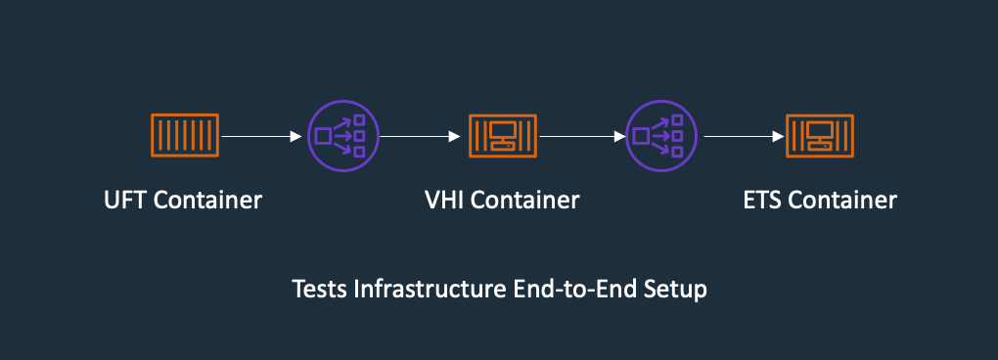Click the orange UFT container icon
[184, 136]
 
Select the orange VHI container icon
[503, 136]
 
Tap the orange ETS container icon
[820, 136]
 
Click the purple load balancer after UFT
[342, 136]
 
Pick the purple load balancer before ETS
[661, 136]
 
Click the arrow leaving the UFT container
[260, 137]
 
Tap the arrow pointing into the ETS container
[745, 137]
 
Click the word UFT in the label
[125, 201]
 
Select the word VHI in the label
[445, 201]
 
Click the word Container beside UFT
[208, 201]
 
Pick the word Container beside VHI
[527, 201]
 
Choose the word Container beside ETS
[843, 201]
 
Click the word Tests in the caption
[317, 290]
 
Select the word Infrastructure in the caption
[414, 290]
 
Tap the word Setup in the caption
[678, 290]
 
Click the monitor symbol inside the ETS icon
[820, 132]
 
